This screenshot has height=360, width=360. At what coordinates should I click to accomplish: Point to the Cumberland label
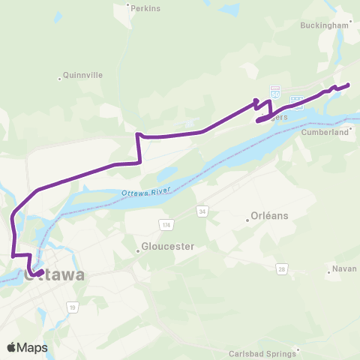point(325,132)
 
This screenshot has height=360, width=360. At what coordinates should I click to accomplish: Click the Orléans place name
point(271,216)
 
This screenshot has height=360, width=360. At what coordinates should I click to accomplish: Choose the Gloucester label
point(169,246)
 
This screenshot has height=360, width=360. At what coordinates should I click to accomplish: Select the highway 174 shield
point(165,224)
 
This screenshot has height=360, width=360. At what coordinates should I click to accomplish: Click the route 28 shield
point(282,268)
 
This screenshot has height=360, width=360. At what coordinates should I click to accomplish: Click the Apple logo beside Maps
point(12,347)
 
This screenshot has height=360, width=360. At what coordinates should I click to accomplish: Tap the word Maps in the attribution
point(33,347)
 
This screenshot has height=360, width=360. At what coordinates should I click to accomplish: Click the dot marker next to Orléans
point(248,220)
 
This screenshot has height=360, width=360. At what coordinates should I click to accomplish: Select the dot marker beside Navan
point(330,271)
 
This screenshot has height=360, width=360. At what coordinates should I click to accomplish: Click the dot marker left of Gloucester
point(139,250)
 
